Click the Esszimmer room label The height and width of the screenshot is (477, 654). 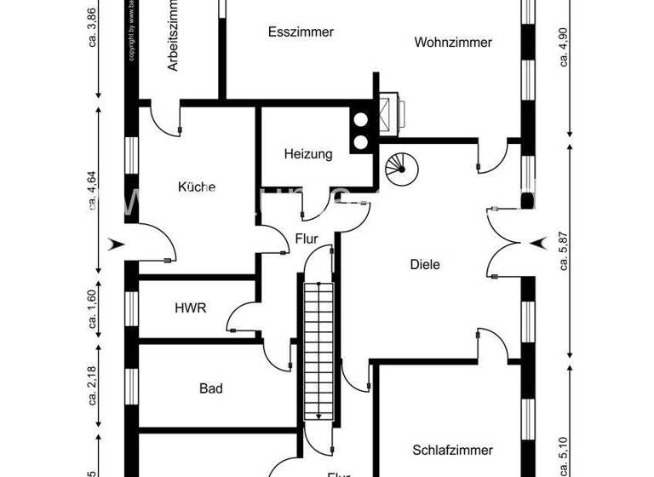tap(301, 32)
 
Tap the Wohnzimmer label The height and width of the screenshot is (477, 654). tap(453, 42)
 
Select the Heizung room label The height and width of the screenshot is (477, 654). tap(307, 154)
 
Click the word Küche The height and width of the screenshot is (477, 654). tap(197, 187)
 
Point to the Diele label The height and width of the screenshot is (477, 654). tap(425, 265)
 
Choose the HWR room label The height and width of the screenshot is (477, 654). tap(190, 308)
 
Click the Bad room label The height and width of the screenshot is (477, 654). tap(211, 388)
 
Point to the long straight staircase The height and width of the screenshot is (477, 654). tap(317, 349)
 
